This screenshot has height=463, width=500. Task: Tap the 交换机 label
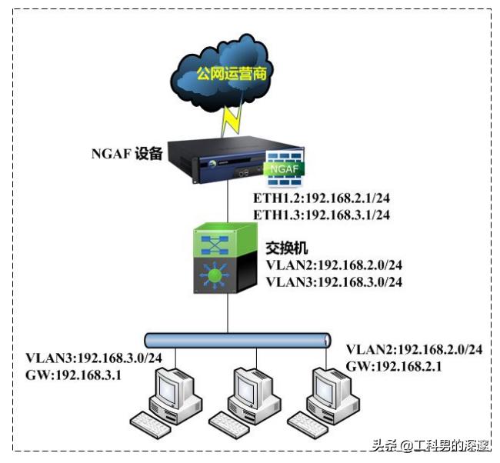point(285,248)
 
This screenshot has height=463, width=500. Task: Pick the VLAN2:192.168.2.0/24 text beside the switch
point(334,265)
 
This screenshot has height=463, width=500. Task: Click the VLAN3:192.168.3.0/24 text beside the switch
point(334,281)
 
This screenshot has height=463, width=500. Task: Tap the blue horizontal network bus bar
point(238,339)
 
